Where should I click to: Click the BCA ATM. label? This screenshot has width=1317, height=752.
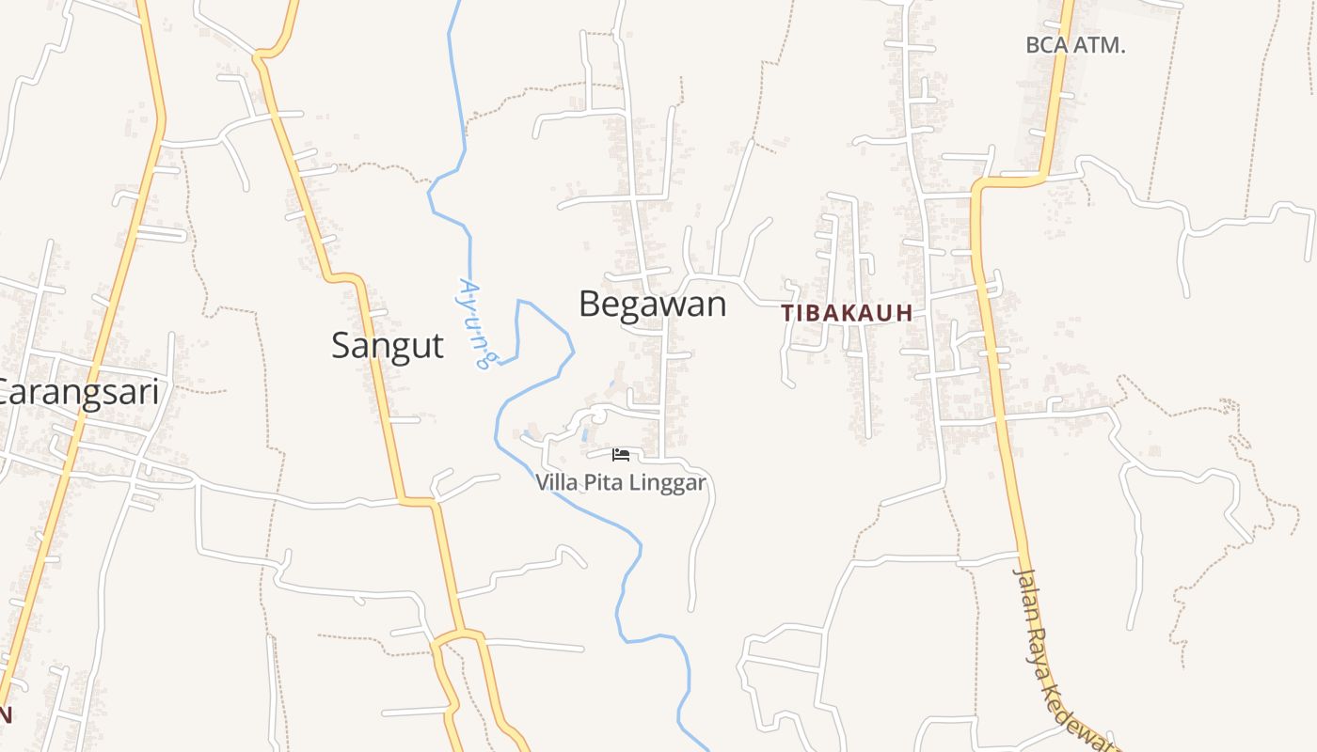coord(1075,45)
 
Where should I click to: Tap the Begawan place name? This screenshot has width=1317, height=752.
coord(653,305)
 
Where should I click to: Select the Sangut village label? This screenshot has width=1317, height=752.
coord(387,346)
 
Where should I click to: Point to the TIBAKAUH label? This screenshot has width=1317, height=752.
coord(847,314)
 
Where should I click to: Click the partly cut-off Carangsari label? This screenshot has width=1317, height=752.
coord(79,392)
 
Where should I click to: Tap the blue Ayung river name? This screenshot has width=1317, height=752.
coord(476,321)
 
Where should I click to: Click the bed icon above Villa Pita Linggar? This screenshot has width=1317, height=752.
coord(621,455)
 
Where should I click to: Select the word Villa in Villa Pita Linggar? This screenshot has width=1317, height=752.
coord(556,483)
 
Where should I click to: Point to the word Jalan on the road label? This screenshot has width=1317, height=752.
coord(1027,593)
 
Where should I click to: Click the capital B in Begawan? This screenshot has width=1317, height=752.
coord(589,305)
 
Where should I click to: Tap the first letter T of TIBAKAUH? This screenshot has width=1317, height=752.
coord(787,314)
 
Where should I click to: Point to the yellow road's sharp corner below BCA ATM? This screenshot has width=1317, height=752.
coord(978,185)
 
